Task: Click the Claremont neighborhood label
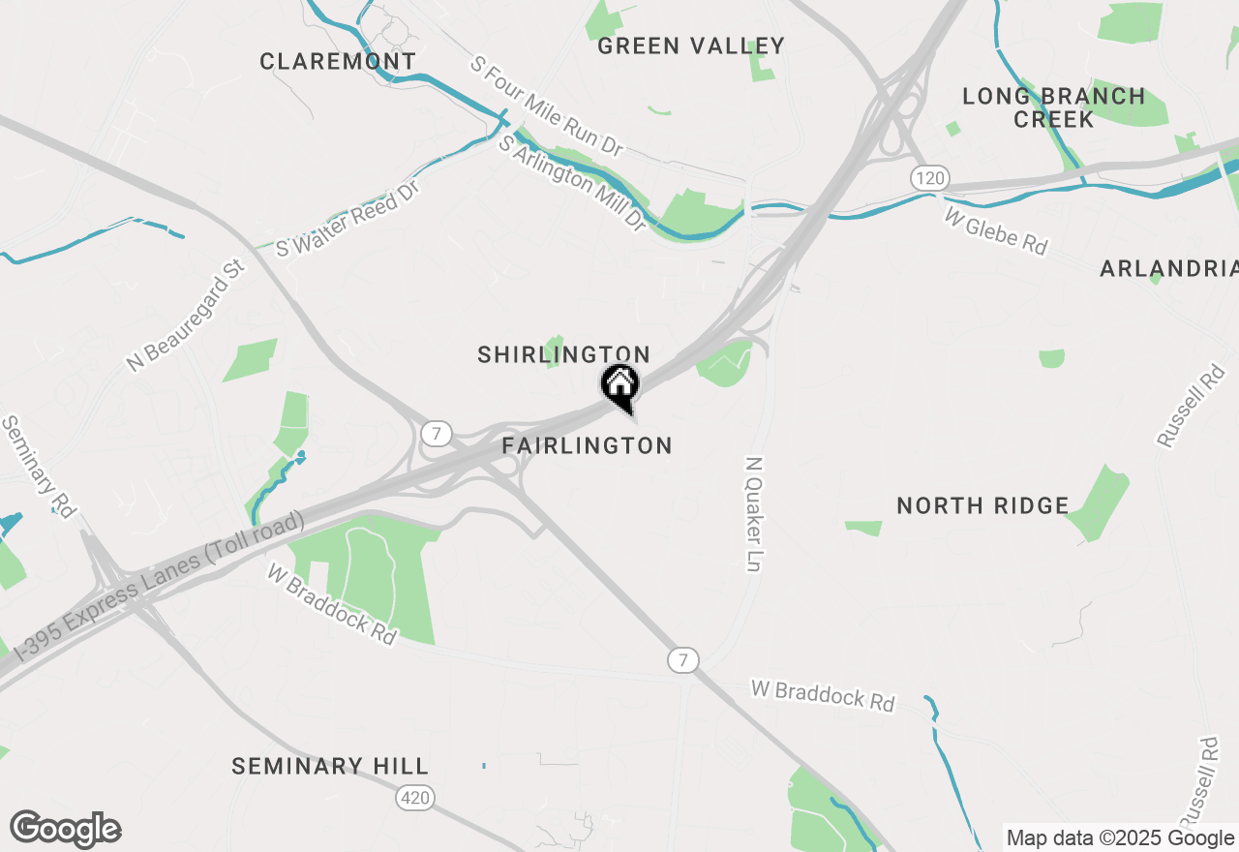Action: pos(338,62)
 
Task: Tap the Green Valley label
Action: pos(691,46)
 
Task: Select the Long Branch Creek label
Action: pos(1054,107)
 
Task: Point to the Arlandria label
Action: pos(1168,269)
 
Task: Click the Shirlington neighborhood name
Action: pos(563,355)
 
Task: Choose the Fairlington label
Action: pos(587,446)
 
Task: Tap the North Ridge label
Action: pos(982,505)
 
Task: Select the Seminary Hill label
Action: pos(329,767)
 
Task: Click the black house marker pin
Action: pos(619,385)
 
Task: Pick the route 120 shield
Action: pos(929,178)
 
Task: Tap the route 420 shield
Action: pos(414,798)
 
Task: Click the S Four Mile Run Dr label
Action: pos(546,106)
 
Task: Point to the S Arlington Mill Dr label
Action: pos(572,183)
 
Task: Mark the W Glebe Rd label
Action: pos(996,232)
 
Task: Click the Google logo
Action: pos(65,830)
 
